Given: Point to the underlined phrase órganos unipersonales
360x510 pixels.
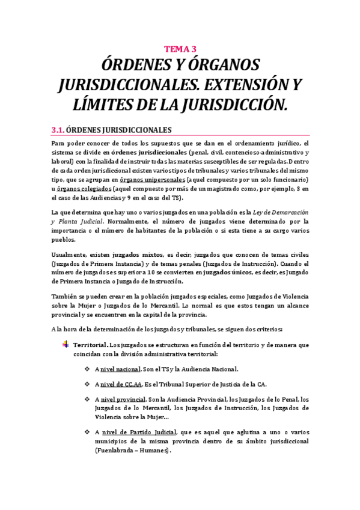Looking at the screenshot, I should point(152,180).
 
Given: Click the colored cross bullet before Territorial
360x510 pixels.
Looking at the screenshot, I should point(66,345).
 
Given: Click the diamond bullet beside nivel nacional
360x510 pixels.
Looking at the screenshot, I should point(88,369).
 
